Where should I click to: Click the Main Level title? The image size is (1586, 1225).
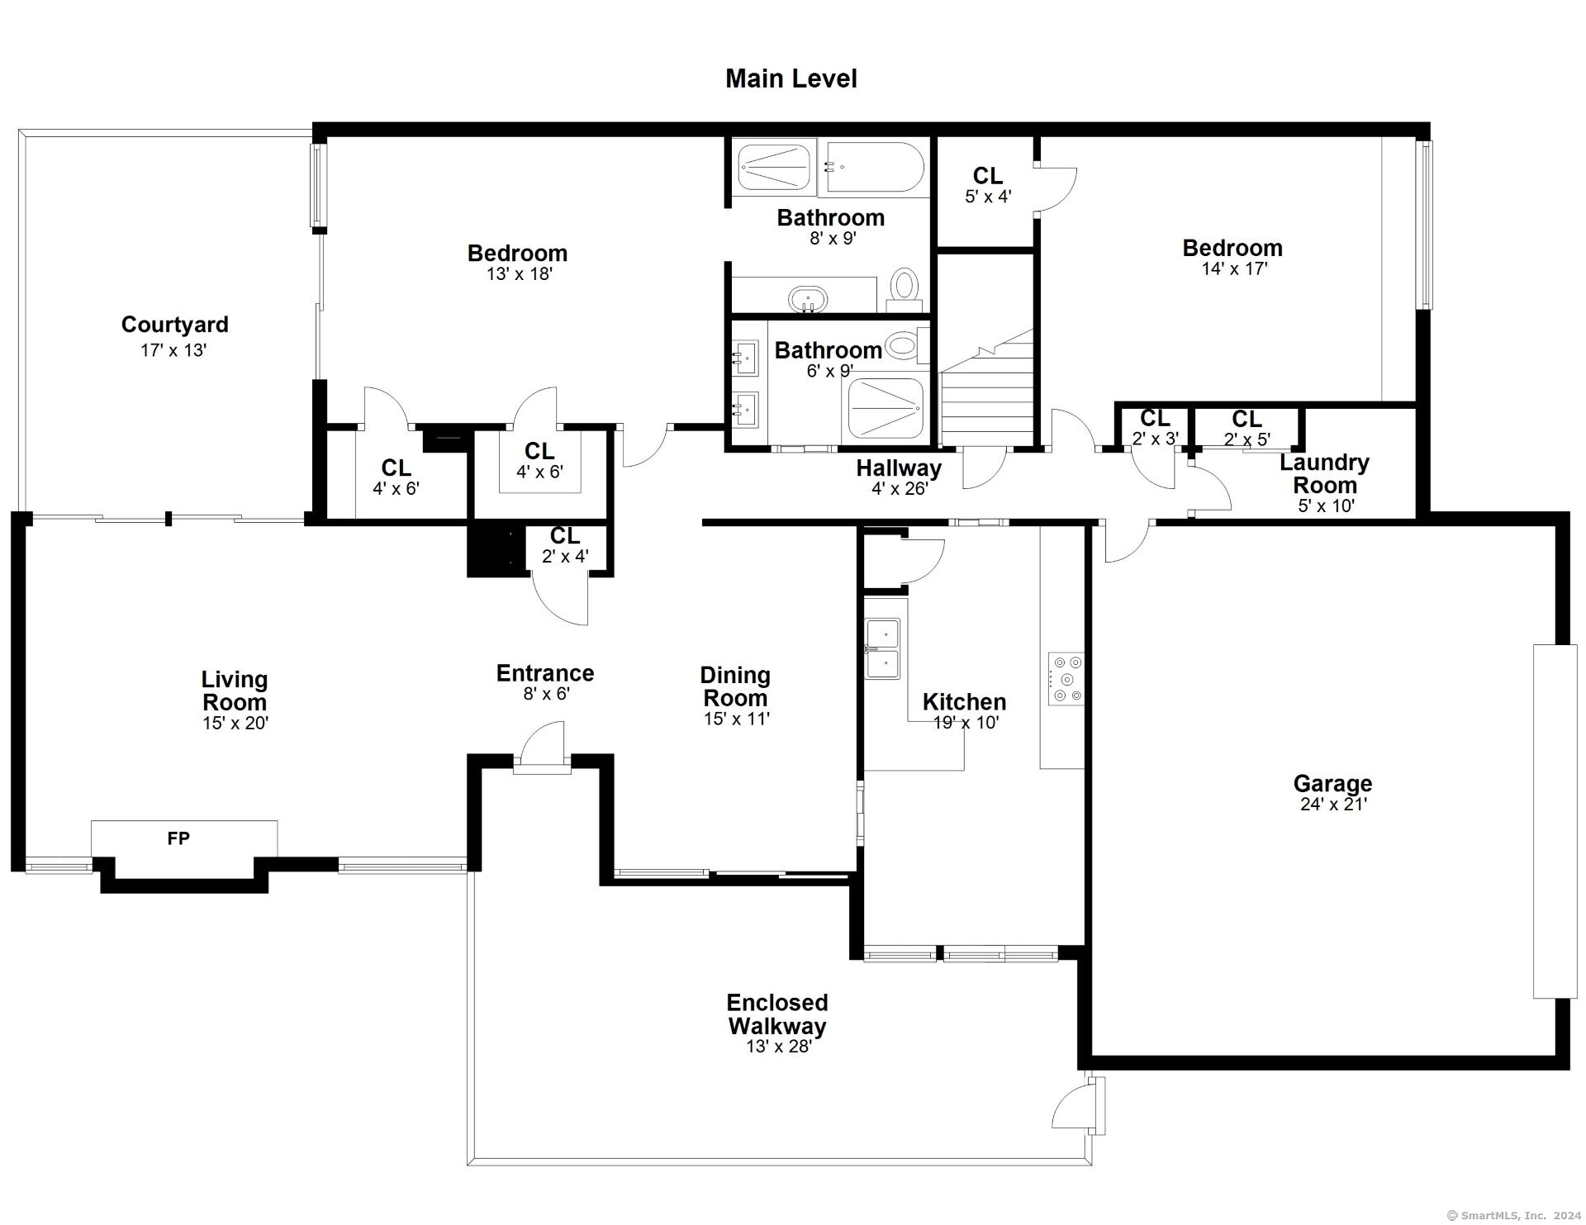click(791, 79)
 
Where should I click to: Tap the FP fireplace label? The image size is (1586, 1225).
click(178, 838)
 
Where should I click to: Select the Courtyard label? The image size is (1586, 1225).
click(174, 325)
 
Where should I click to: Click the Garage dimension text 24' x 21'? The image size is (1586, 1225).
click(1333, 805)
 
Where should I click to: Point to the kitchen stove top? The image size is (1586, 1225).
click(1066, 679)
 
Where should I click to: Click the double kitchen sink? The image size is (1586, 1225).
click(883, 648)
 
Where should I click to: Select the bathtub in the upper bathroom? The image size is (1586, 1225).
click(875, 168)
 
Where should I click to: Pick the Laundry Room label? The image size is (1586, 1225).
click(1324, 474)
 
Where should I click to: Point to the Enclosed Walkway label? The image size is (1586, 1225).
click(777, 1014)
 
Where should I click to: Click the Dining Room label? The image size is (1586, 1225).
click(735, 686)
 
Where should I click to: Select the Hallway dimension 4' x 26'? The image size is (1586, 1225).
click(900, 488)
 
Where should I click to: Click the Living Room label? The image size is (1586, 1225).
click(235, 691)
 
